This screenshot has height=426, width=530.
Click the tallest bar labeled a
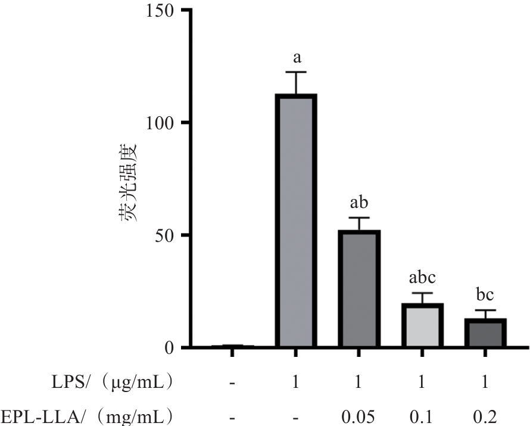pos(296,220)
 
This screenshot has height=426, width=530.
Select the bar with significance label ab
pos(358,289)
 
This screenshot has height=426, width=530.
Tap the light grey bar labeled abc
pos(422,325)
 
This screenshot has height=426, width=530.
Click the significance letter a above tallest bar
pos(296,58)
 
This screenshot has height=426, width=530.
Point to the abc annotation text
pos(422,278)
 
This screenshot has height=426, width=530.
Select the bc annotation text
pos(485,295)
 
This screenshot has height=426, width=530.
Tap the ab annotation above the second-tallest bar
pos(358,203)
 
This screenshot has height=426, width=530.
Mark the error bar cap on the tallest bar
pos(296,72)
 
